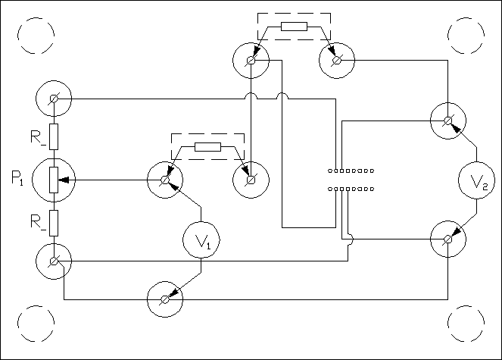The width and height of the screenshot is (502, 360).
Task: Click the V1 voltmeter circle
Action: click(x=201, y=241)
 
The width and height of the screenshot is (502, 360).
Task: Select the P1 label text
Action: click(x=18, y=180)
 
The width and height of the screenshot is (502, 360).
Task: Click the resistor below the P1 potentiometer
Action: click(x=54, y=221)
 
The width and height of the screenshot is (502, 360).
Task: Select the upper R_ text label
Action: click(x=39, y=137)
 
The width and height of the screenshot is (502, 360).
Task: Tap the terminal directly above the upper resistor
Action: click(x=54, y=99)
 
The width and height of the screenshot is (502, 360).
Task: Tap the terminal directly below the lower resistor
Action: click(x=54, y=261)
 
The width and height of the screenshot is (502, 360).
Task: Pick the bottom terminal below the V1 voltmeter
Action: click(x=164, y=299)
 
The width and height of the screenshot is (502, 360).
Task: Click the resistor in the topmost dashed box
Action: click(x=294, y=27)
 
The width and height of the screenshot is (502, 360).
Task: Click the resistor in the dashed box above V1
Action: click(x=207, y=147)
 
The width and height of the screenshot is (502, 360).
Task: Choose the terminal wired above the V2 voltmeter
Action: click(x=448, y=121)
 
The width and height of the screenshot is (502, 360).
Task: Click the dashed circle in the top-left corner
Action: click(x=36, y=36)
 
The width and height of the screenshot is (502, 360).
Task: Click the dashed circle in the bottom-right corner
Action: click(x=466, y=324)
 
